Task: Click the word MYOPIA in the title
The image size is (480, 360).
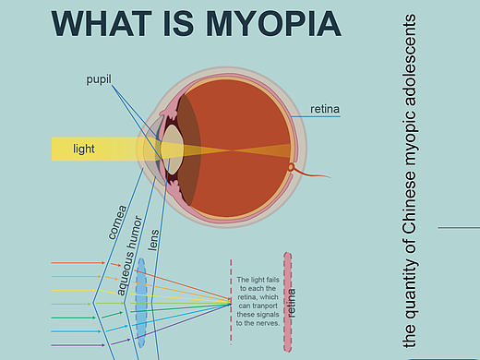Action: pos(273,24)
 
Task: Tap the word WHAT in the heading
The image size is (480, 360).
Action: pos(102,24)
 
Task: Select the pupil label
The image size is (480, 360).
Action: pos(99,79)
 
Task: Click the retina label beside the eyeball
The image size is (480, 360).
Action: pos(325,109)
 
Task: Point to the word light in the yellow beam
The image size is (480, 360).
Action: pos(84,149)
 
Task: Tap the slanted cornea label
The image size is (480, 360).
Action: pos(117,222)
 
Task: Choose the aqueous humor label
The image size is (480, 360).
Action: pos(130,256)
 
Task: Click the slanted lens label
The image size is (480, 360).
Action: pos(153,240)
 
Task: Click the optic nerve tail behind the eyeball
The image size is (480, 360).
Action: pos(311,173)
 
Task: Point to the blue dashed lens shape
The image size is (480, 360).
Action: pos(141,303)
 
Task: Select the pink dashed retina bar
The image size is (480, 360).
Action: pos(288,302)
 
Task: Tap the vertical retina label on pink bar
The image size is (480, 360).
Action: pos(291,303)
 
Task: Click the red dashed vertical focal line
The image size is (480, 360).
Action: pos(231,302)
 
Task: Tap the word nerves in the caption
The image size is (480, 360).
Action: pos(270,323)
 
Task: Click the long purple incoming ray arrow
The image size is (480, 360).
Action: pos(78,345)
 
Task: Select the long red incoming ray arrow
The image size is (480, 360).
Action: pos(78,263)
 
